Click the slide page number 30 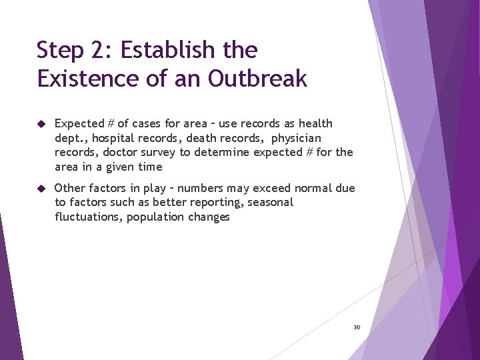pos(356,327)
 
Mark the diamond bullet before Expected pos(41,123)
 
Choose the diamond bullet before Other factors pos(41,189)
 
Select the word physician pos(296,138)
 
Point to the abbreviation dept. pos(70,138)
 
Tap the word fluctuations pos(87,217)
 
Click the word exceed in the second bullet pos(274,189)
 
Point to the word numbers pos(205,189)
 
